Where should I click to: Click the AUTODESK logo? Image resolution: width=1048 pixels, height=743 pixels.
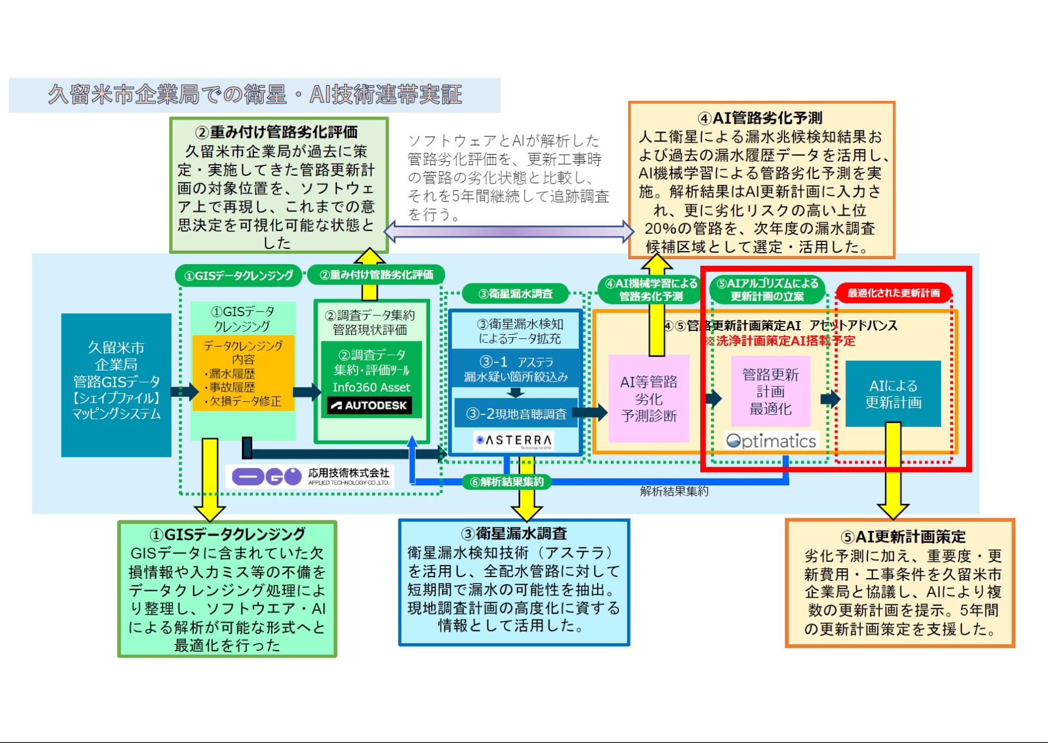[x=370, y=405]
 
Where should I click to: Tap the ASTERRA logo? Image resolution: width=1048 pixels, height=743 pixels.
[x=514, y=440]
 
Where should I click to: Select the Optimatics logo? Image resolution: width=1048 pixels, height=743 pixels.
[x=771, y=441]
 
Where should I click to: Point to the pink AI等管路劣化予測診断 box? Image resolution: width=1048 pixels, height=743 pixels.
[x=648, y=399]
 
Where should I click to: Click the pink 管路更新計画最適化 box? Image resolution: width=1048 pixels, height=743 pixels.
[x=770, y=391]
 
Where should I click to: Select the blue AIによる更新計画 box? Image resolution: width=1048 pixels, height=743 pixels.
[x=893, y=394]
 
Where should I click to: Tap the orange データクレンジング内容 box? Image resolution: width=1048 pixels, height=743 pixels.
[x=243, y=373]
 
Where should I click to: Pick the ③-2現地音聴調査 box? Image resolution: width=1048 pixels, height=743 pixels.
[x=516, y=414]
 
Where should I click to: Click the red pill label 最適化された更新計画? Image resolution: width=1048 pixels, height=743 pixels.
[x=894, y=293]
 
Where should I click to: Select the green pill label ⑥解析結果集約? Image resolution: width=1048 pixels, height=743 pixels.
[x=507, y=482]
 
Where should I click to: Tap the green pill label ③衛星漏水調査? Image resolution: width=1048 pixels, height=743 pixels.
[x=515, y=294]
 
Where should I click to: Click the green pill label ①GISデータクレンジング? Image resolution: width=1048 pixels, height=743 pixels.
[x=239, y=276]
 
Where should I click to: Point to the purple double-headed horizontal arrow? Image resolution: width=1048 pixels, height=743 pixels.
[x=509, y=231]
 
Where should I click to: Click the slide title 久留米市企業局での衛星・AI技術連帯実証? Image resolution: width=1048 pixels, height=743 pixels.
[x=255, y=95]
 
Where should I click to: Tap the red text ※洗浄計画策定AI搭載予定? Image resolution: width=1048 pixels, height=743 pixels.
[x=780, y=341]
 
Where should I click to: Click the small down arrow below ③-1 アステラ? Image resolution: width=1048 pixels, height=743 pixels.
[x=515, y=392]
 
